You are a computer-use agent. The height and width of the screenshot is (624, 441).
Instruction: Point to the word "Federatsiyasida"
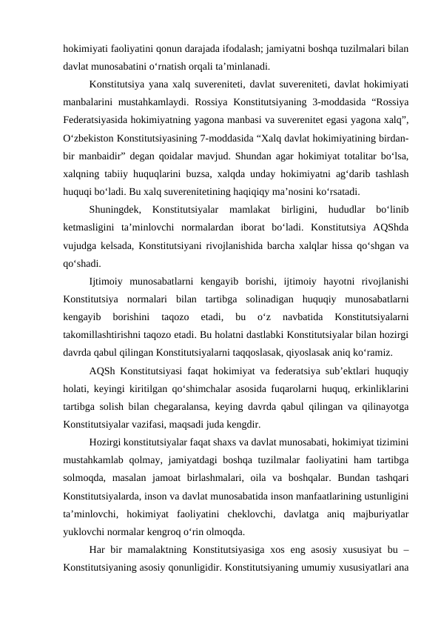pos(96,120)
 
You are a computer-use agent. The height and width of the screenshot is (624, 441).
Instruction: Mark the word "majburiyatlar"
pos(370,511)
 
